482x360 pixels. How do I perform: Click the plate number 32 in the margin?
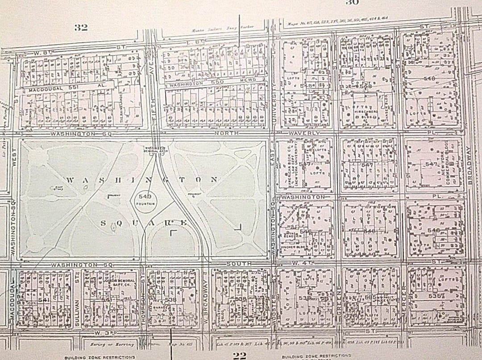(81, 28)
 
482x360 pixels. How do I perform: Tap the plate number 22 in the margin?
(240, 355)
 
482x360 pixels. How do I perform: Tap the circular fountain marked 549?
(145, 199)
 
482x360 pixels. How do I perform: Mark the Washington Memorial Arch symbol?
(153, 150)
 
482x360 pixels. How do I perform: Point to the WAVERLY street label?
(306, 133)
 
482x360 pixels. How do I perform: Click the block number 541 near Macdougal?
(43, 300)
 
